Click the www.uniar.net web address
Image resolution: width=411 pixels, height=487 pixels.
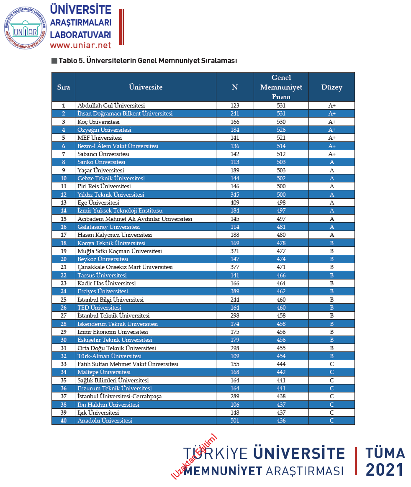pyautogui.click(x=80, y=45)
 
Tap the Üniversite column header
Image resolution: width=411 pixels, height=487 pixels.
pyautogui.click(x=146, y=87)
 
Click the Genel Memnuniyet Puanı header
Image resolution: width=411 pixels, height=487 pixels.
pyautogui.click(x=281, y=87)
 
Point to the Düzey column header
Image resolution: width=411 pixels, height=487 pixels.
pyautogui.click(x=331, y=87)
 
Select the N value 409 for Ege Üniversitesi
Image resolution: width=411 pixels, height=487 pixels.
pyautogui.click(x=235, y=202)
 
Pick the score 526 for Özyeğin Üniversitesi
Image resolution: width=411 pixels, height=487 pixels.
pyautogui.click(x=281, y=130)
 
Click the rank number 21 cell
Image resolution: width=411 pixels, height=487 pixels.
pyautogui.click(x=64, y=267)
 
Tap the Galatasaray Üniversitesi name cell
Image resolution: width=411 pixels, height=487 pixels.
pyautogui.click(x=108, y=227)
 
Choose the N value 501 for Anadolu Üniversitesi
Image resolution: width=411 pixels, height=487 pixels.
pyautogui.click(x=235, y=420)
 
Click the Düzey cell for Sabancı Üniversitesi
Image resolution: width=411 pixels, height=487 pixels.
pyautogui.click(x=331, y=154)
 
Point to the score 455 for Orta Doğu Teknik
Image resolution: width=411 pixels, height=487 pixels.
pyautogui.click(x=281, y=348)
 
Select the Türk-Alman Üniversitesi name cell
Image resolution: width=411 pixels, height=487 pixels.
pyautogui.click(x=110, y=356)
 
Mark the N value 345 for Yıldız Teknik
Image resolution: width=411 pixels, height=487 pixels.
pyautogui.click(x=235, y=195)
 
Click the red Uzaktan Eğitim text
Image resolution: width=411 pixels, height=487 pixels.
pyautogui.click(x=194, y=456)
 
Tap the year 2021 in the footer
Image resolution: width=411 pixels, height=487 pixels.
pyautogui.click(x=385, y=470)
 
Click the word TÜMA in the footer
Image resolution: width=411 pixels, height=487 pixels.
pyautogui.click(x=385, y=453)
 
